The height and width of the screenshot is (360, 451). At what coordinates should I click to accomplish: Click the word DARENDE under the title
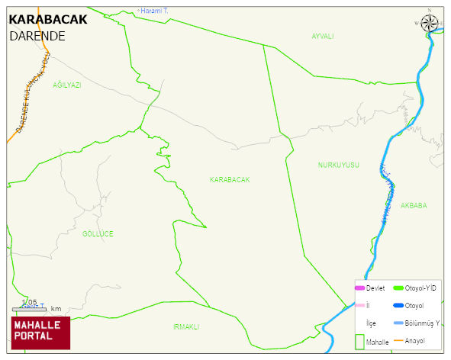coord(37,36)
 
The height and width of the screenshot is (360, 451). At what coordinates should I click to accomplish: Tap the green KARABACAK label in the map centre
coord(230,180)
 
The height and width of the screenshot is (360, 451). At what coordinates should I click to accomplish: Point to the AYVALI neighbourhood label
coord(323,37)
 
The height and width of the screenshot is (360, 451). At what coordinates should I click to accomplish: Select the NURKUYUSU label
coord(338,166)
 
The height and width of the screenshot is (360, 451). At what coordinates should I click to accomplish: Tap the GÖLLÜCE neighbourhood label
coord(98,234)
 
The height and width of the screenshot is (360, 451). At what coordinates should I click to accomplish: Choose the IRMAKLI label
coord(185,326)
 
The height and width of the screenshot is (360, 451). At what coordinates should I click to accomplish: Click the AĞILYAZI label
coord(66,85)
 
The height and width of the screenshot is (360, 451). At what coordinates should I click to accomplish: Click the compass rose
coord(430,22)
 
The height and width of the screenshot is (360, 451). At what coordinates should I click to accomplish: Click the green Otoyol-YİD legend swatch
coord(398,288)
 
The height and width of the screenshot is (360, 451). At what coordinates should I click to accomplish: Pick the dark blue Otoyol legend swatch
coord(398,306)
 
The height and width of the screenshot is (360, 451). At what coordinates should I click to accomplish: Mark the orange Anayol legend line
coord(398,340)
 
